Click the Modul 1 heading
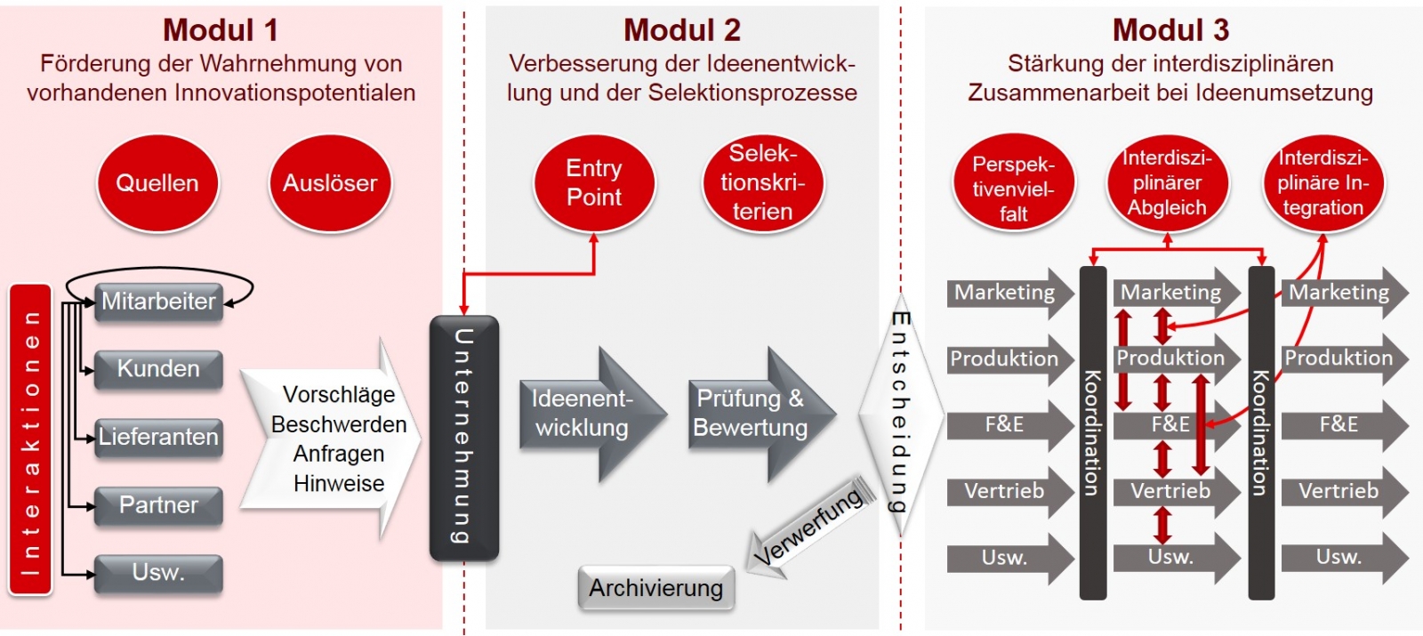(x=221, y=30)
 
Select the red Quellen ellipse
(x=157, y=183)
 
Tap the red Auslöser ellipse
(x=330, y=183)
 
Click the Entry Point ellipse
(x=594, y=183)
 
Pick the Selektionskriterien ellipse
(x=763, y=183)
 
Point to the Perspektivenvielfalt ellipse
(x=1013, y=188)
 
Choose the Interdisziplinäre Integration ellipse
(x=1323, y=183)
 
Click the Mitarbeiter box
(x=158, y=302)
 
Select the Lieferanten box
(x=158, y=437)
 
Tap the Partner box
(x=158, y=505)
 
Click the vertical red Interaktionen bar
(x=31, y=439)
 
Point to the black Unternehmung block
(x=463, y=438)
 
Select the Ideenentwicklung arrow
(x=587, y=414)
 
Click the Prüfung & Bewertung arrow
(x=756, y=414)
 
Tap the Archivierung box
(x=656, y=588)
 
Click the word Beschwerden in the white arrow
(x=339, y=424)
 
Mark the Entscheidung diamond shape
(x=900, y=414)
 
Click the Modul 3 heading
(x=1170, y=30)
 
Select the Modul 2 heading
(x=682, y=30)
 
